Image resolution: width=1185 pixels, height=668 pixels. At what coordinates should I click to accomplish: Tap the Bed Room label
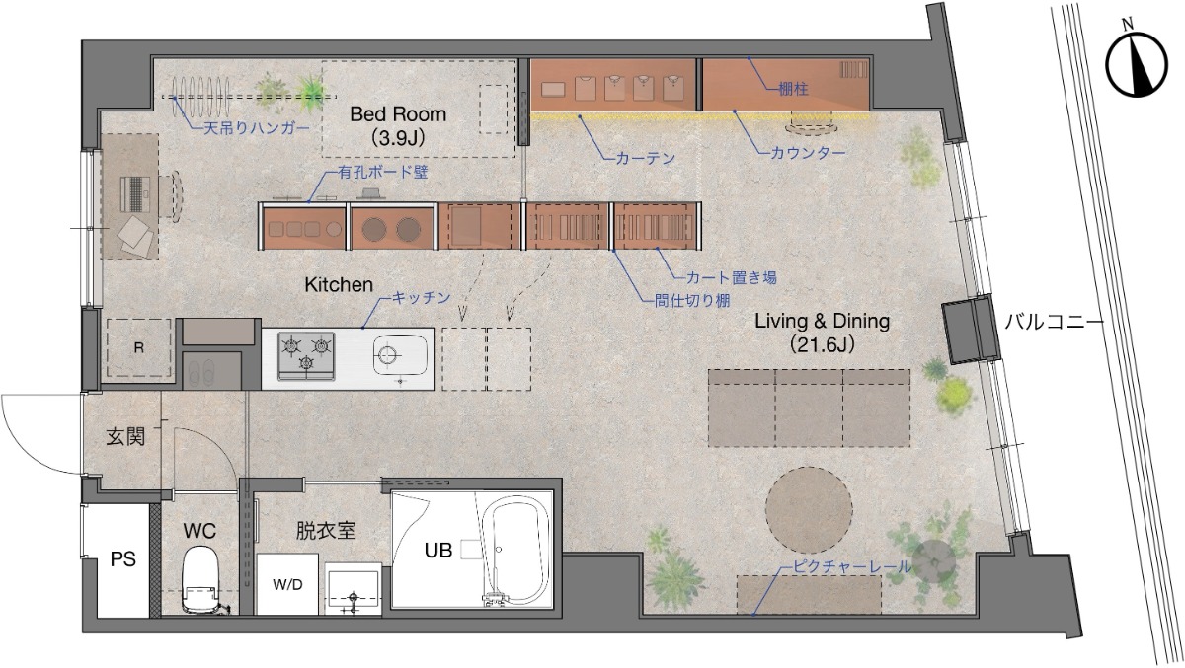398,114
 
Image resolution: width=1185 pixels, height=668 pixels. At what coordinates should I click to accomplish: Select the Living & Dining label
822,321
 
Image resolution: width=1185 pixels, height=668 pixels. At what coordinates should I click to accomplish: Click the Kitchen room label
339,285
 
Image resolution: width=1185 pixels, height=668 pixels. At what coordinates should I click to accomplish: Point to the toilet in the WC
199,580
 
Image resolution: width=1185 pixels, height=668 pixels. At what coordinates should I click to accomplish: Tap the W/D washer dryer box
287,584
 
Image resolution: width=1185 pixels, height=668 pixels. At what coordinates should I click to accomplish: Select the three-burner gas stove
306,355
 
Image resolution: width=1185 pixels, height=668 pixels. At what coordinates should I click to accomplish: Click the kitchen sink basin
400,355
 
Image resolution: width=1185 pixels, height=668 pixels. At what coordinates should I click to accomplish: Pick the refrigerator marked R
138,347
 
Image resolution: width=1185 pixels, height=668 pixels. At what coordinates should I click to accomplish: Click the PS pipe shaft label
122,559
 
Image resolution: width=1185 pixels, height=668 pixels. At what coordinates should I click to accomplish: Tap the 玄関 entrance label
125,437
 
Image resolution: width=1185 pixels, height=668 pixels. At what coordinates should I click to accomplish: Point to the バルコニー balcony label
1055,322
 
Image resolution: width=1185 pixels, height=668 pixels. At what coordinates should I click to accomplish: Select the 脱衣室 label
325,530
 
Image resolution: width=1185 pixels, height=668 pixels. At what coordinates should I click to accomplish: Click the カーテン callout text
646,158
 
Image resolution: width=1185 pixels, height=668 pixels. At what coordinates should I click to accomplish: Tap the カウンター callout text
808,153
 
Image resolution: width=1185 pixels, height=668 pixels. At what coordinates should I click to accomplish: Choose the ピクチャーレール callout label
852,566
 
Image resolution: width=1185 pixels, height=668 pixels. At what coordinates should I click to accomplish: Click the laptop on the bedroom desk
135,195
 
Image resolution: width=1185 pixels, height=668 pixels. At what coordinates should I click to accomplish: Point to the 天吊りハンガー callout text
257,128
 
